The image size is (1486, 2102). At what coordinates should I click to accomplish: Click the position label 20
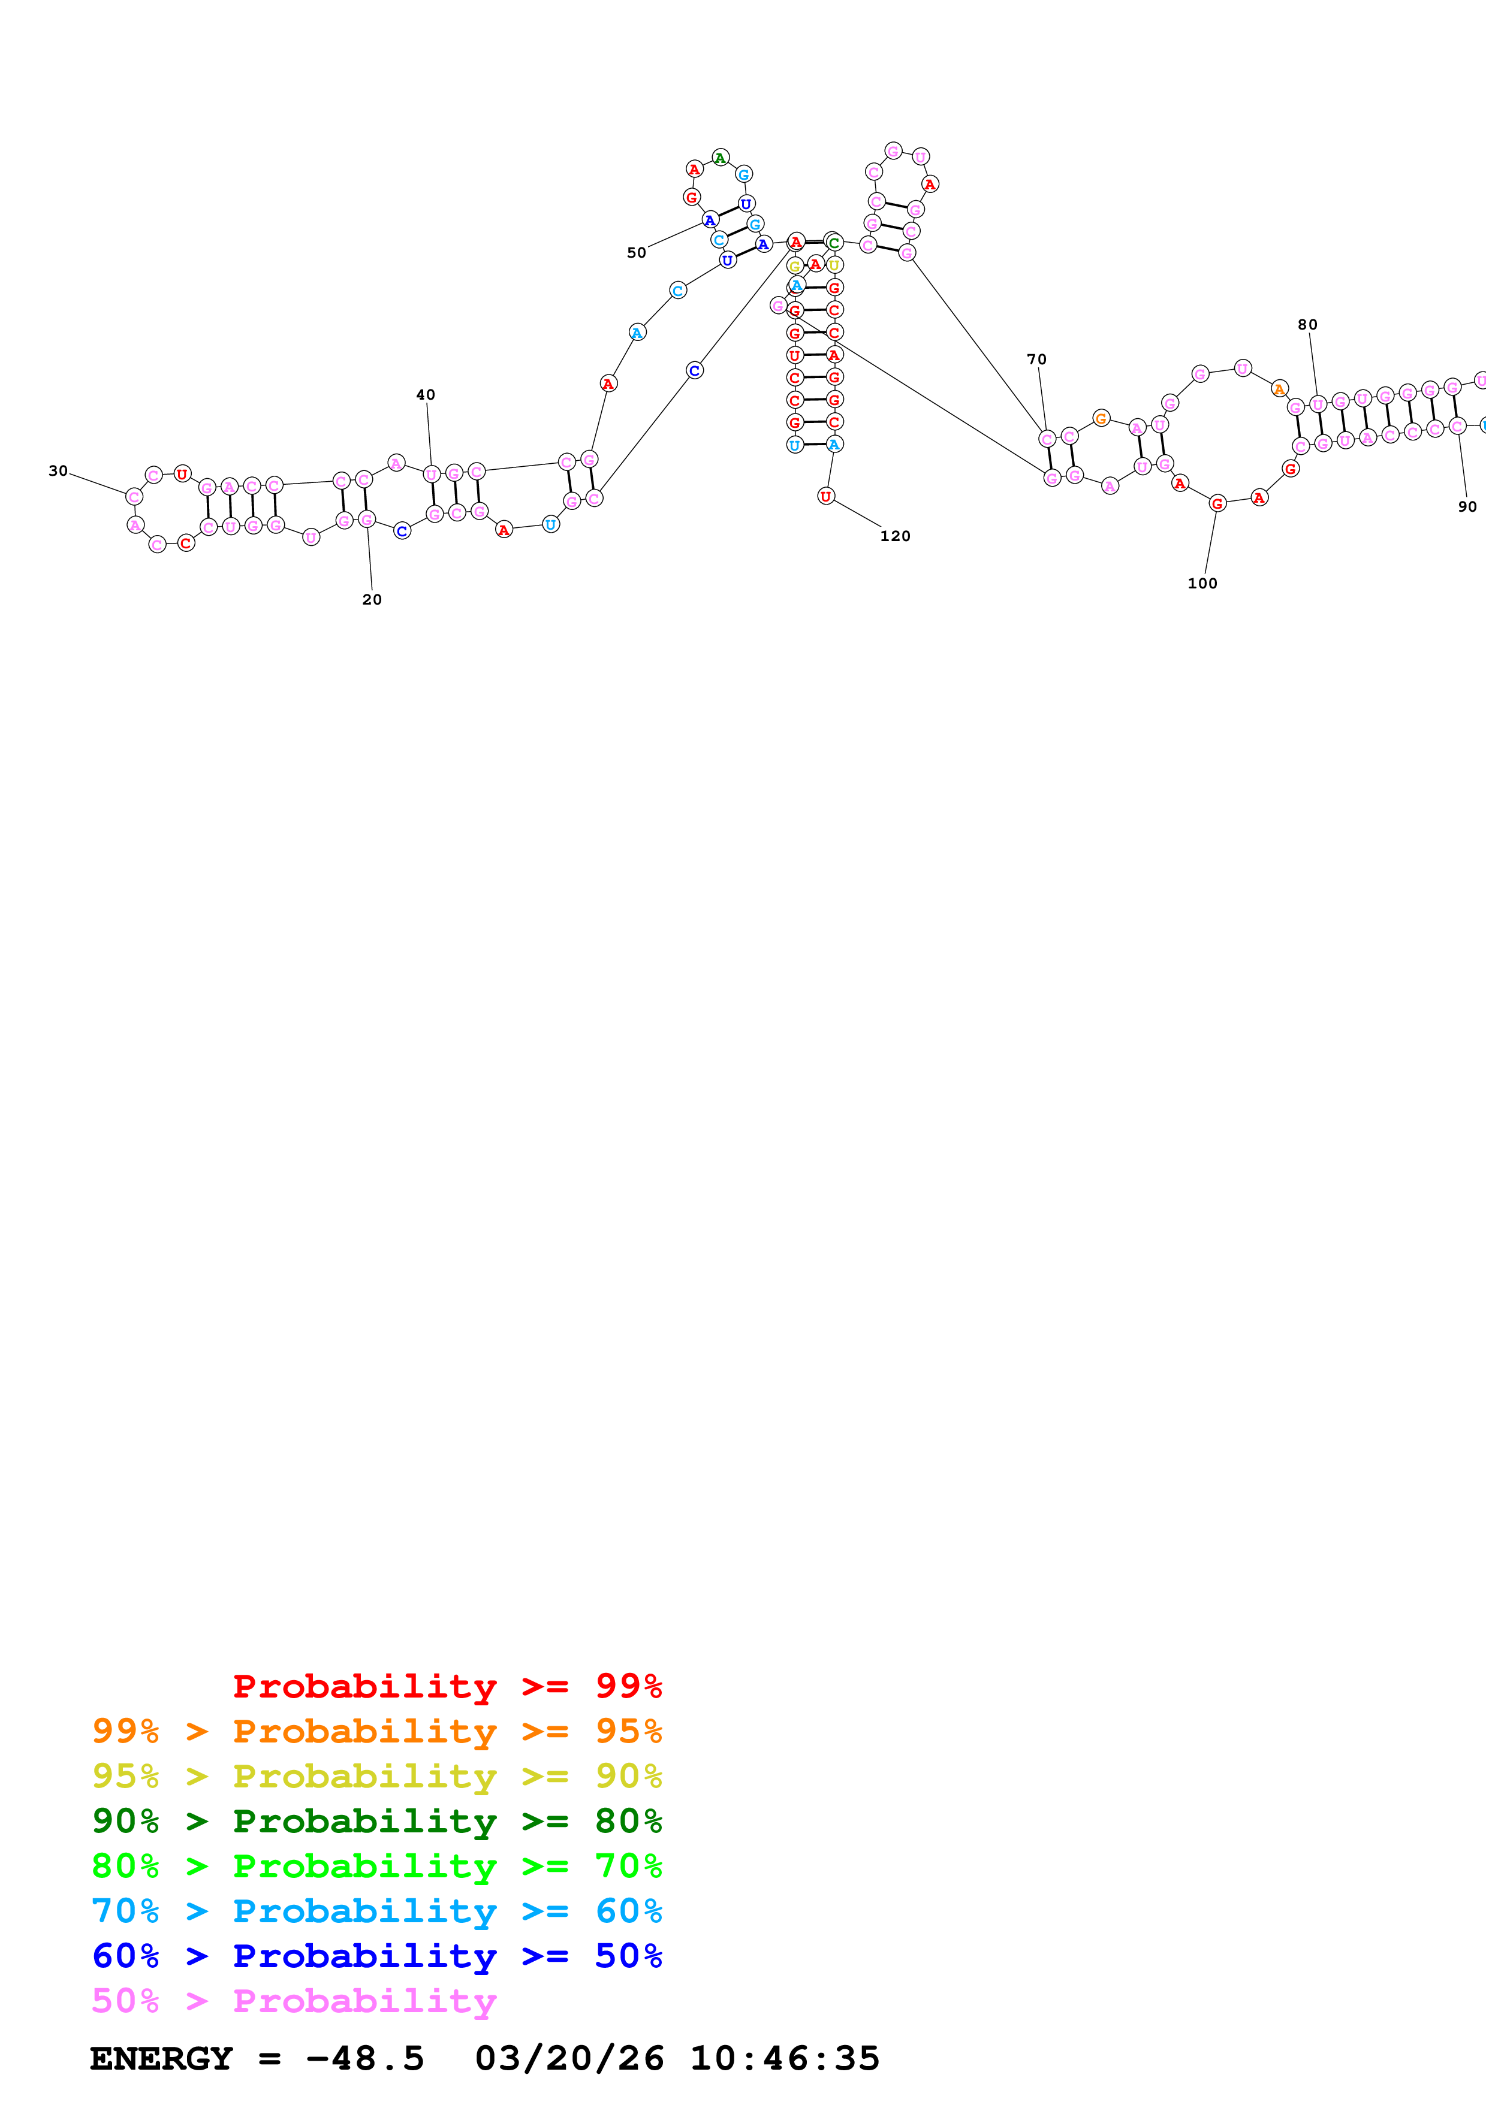click(x=372, y=600)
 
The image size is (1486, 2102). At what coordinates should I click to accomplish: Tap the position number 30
click(x=58, y=470)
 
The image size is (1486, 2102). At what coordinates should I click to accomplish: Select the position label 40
click(x=426, y=395)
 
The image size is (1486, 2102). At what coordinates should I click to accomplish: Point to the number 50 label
click(x=637, y=253)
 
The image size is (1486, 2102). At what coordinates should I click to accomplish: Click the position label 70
click(x=1036, y=359)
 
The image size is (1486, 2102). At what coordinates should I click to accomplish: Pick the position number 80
click(x=1307, y=324)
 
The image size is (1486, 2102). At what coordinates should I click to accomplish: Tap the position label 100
click(x=1202, y=583)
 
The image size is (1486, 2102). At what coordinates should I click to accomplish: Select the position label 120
click(x=896, y=536)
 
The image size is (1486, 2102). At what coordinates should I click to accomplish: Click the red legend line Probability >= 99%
click(x=447, y=1686)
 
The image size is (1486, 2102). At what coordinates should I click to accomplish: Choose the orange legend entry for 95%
click(x=376, y=1730)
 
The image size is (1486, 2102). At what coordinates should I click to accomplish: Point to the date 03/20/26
click(x=569, y=2058)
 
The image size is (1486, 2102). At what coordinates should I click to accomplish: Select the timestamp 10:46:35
click(x=785, y=2058)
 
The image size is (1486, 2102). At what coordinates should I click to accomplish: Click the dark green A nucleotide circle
click(x=721, y=158)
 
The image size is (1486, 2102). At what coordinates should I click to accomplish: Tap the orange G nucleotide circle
click(x=1101, y=418)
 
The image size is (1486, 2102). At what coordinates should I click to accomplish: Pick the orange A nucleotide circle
click(x=1280, y=389)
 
